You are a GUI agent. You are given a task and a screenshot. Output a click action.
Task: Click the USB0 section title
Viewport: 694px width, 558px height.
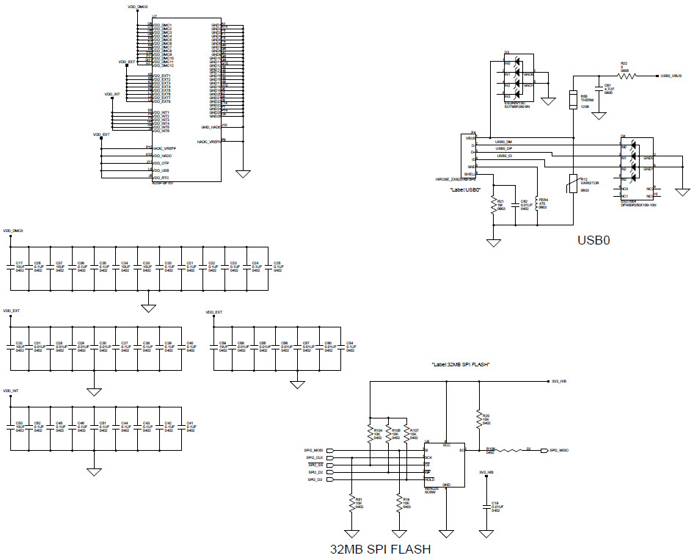coord(593,239)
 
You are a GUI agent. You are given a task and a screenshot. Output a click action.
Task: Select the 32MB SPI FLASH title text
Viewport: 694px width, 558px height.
coord(380,548)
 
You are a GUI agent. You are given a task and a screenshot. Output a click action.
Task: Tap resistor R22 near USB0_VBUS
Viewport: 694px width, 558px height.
coord(625,75)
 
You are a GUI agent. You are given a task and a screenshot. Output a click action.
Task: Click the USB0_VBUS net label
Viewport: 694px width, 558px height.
coord(671,75)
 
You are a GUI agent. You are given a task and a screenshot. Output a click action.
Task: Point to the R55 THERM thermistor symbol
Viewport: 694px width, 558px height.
coord(574,99)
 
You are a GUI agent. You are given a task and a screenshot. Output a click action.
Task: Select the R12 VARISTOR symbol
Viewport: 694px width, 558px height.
coord(574,183)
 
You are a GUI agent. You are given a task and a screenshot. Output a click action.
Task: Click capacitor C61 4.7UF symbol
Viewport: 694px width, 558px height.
coord(599,94)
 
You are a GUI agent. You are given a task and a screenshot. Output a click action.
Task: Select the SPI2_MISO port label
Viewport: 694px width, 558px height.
coord(558,450)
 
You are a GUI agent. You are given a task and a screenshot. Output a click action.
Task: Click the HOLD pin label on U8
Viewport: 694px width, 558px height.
coord(429,479)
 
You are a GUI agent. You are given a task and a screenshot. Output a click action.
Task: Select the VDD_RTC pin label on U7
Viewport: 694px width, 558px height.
coord(161,178)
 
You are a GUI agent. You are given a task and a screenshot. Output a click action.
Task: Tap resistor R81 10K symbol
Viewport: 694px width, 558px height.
coord(351,503)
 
